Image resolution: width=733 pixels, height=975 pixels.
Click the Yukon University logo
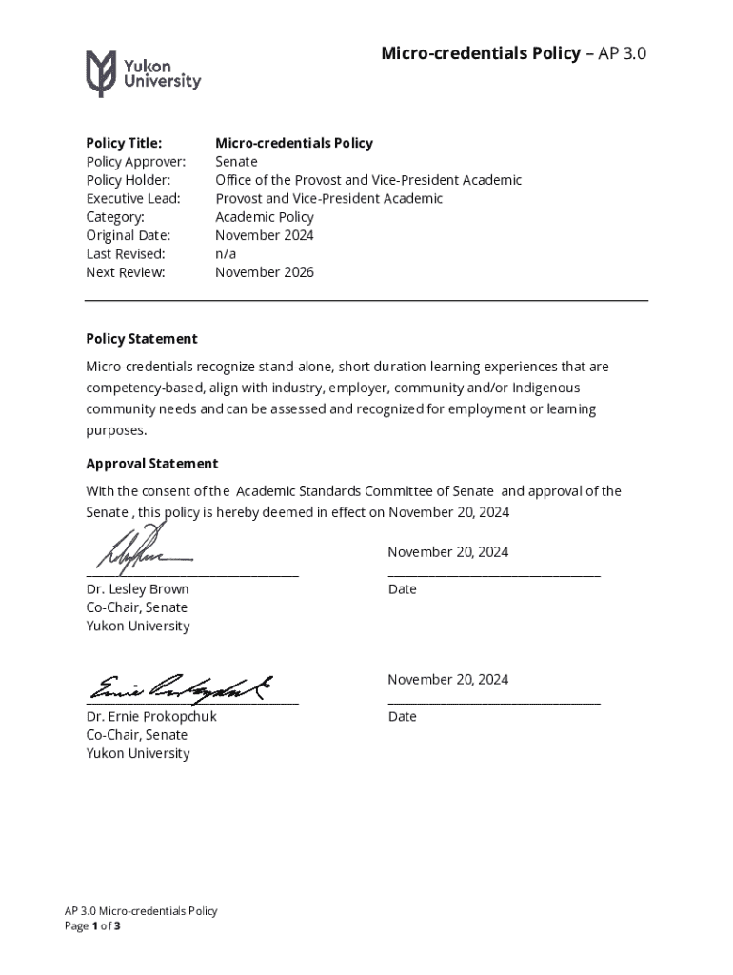[143, 73]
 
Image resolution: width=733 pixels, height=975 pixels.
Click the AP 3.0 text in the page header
[624, 53]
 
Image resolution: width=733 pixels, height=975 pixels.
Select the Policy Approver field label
[135, 162]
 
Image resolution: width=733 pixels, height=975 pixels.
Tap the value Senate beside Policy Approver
[236, 162]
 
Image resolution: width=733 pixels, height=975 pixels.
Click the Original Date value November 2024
[264, 235]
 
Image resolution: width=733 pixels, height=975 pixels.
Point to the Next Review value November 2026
[264, 272]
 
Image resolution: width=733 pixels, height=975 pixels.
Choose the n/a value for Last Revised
[226, 254]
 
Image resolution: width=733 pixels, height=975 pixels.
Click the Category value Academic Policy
[264, 217]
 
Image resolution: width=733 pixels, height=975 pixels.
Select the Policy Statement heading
[142, 339]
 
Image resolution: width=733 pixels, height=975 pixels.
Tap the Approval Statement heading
[151, 464]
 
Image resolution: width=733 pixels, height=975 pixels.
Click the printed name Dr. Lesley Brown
[137, 589]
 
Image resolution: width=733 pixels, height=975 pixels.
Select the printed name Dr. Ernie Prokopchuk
[151, 716]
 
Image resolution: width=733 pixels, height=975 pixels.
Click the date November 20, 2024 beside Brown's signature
[447, 552]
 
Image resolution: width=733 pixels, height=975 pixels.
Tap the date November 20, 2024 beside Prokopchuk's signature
[447, 680]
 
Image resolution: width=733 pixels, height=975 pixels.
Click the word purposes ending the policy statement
[117, 430]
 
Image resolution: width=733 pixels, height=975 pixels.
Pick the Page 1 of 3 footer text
[91, 926]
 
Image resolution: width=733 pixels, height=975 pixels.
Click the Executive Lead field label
[133, 199]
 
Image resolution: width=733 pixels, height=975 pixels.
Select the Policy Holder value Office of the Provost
[367, 180]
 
